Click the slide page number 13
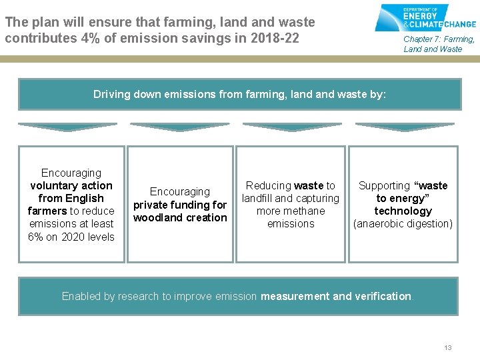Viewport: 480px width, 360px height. [x=448, y=348]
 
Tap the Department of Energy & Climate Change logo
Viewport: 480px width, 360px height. [x=425, y=18]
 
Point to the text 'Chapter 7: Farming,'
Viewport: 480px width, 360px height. [x=439, y=39]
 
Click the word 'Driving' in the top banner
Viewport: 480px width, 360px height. [x=111, y=95]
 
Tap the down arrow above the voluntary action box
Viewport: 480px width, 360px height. [x=67, y=127]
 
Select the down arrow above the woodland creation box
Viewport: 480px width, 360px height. [x=179, y=127]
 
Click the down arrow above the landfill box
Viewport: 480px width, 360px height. [x=292, y=127]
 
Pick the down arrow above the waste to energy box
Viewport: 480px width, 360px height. [x=405, y=127]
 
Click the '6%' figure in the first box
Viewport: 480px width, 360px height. [x=36, y=237]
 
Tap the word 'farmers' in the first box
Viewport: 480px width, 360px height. [x=47, y=211]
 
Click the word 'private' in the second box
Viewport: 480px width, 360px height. [x=151, y=205]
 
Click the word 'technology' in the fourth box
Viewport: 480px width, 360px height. [x=403, y=211]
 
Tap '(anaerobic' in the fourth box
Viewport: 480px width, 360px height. [x=379, y=224]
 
